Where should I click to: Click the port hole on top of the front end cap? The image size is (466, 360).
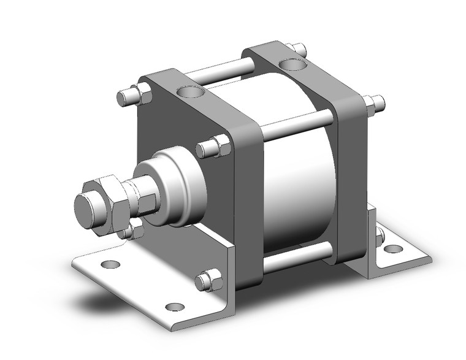coord(189,93)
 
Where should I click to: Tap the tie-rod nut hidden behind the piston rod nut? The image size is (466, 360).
coord(131,232)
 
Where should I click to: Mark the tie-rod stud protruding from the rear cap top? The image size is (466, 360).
coord(298,48)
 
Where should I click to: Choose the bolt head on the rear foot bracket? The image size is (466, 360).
coord(380,236)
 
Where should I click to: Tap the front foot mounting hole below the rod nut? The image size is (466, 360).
coord(110,265)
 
